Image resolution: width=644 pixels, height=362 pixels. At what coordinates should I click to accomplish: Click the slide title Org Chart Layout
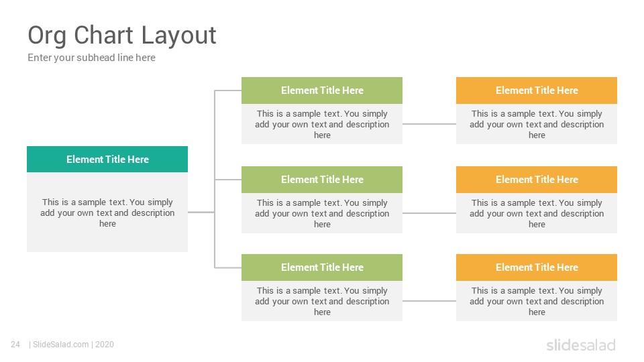122,36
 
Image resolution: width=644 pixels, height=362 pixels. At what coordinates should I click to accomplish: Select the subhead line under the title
92,58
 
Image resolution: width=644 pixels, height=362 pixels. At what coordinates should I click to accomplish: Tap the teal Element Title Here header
107,160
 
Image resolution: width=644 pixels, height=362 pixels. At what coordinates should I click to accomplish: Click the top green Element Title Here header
322,90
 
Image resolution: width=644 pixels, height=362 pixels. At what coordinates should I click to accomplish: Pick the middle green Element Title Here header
322,180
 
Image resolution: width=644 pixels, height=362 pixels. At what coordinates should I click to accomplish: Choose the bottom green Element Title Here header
322,267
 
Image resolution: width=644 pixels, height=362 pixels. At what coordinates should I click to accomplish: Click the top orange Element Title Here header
537,90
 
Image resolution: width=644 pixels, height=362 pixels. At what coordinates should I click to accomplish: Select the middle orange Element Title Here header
537,180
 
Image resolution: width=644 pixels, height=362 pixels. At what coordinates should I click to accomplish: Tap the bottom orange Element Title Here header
537,267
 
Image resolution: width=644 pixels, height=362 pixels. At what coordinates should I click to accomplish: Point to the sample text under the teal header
107,213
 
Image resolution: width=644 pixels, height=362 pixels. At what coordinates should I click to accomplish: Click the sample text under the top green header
322,124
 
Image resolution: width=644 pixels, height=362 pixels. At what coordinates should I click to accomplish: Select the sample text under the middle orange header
537,213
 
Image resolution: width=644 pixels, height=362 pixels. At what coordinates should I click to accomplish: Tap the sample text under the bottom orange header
537,301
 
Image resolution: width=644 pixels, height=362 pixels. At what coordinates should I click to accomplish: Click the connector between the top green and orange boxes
429,124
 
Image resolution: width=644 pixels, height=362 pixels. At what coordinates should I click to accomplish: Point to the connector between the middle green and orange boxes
429,213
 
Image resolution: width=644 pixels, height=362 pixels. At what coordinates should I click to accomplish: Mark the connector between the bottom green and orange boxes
429,301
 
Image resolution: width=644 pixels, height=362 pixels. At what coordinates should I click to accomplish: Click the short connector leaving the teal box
201,213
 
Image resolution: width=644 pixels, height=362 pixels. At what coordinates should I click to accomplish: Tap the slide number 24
15,345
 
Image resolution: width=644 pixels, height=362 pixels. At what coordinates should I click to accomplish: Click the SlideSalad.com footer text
60,345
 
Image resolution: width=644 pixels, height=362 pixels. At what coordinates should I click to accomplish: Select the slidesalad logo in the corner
581,345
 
